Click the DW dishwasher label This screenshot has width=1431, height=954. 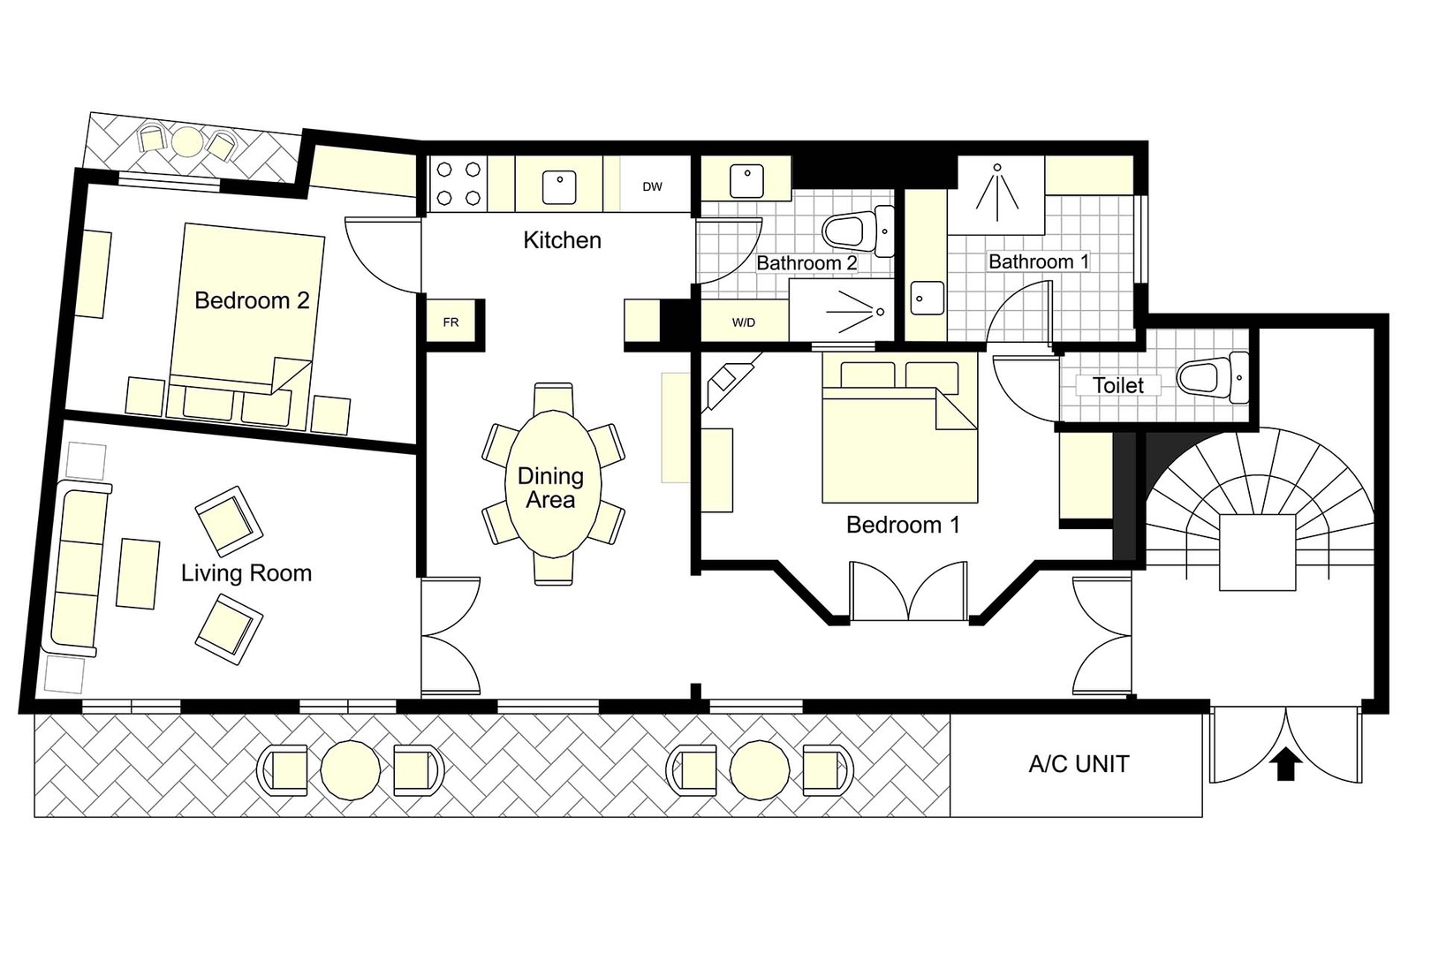point(652,186)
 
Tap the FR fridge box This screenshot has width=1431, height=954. point(451,322)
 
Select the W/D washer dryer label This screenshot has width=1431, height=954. point(744,322)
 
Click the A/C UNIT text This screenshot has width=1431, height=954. point(1079,764)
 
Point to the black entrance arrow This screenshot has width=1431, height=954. point(1285,765)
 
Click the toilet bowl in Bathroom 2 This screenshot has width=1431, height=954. point(844,232)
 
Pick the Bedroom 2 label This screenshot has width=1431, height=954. point(252,300)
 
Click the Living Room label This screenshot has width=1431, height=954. point(246,573)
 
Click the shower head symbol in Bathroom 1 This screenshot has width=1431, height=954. point(996,168)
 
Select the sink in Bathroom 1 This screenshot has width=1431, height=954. point(926,297)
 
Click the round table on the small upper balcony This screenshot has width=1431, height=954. point(187,141)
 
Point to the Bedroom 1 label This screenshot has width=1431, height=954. point(902,525)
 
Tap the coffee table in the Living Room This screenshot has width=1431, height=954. point(139,572)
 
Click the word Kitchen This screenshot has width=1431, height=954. point(562,240)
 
